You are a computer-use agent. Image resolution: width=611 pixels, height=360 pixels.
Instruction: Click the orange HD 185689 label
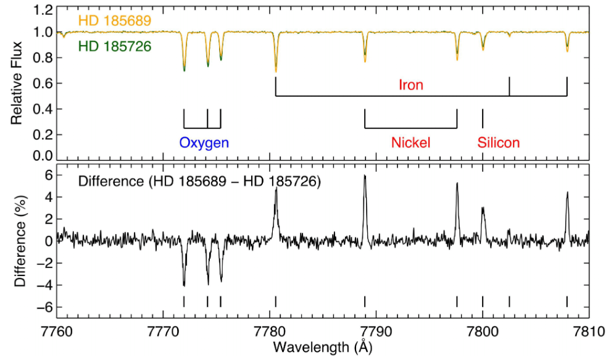115,20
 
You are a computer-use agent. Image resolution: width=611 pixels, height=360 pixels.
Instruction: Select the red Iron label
411,85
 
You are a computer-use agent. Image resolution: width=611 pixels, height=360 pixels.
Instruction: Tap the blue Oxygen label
204,143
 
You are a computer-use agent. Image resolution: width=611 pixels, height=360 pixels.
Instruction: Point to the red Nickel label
410,143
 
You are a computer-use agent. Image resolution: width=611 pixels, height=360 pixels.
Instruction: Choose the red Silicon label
499,143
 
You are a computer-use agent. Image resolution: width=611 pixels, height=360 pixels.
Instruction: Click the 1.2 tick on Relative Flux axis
43,10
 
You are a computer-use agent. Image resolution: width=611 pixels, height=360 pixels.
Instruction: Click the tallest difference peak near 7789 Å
365,176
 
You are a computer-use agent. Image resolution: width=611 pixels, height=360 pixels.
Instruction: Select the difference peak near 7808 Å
567,193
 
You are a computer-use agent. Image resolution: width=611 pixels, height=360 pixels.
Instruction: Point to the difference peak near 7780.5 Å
276,189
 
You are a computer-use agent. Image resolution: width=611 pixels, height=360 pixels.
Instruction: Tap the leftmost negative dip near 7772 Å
184,285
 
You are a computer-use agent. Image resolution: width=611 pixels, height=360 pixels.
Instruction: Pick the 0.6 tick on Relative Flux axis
43,83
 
